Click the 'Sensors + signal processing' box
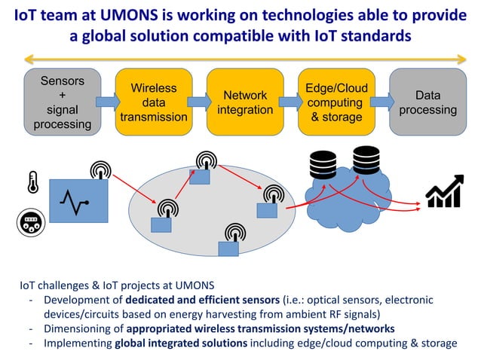(x=62, y=102)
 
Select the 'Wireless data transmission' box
(x=153, y=102)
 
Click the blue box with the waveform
(x=79, y=202)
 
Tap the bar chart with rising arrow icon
(x=444, y=193)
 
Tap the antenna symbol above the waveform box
(x=100, y=169)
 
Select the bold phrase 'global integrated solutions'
(x=180, y=343)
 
